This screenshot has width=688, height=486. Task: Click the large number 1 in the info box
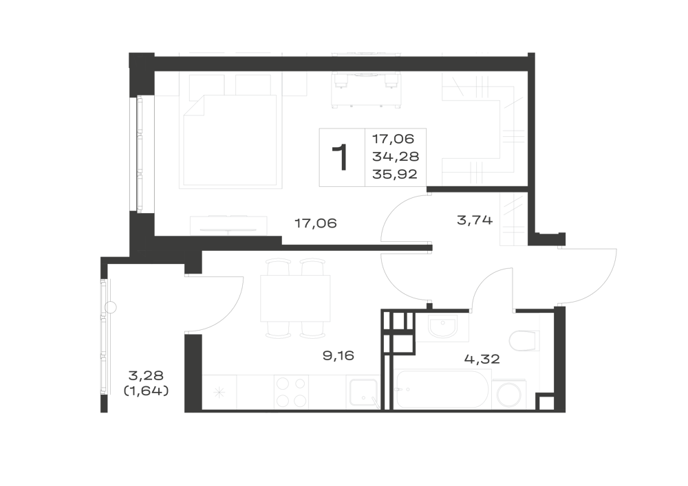click(x=340, y=157)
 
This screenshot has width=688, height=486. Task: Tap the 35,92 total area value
click(x=395, y=175)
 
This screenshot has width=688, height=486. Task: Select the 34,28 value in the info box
click(x=396, y=157)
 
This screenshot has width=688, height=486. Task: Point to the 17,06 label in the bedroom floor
click(x=316, y=223)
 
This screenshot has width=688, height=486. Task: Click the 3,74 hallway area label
click(x=475, y=220)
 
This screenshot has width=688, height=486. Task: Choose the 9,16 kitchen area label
click(x=338, y=355)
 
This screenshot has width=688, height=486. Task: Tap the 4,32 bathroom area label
click(x=482, y=360)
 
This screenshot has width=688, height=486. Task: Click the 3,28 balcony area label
click(x=146, y=375)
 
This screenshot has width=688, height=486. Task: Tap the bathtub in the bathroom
click(x=442, y=389)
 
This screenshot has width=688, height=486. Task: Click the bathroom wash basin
click(x=442, y=327)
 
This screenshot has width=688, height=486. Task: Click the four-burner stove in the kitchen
click(x=290, y=393)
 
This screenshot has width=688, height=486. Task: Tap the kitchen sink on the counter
click(x=363, y=394)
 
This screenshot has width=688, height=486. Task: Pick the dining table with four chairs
click(x=295, y=298)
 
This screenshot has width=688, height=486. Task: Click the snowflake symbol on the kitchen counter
click(x=219, y=393)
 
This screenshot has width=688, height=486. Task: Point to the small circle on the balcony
click(x=111, y=308)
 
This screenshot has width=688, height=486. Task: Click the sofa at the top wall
click(x=365, y=90)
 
